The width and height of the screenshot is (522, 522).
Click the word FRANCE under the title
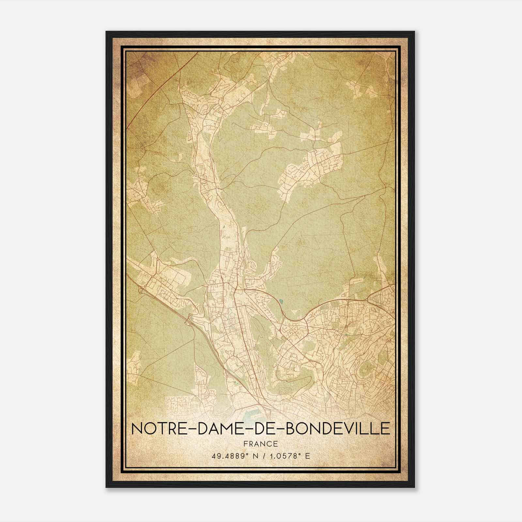(x=261, y=444)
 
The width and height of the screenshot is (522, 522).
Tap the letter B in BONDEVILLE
(x=291, y=428)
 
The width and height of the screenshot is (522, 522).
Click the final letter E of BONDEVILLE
(x=385, y=428)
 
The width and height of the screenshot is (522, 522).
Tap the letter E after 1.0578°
(x=307, y=456)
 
